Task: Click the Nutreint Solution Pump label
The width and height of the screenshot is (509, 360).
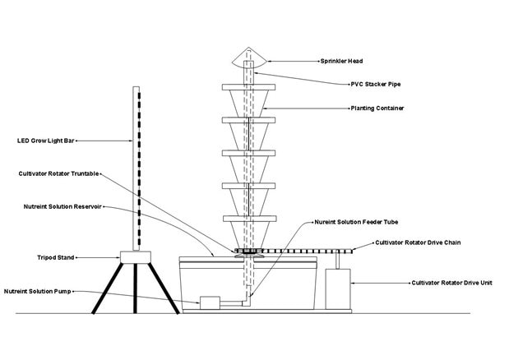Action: pyautogui.click(x=44, y=291)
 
